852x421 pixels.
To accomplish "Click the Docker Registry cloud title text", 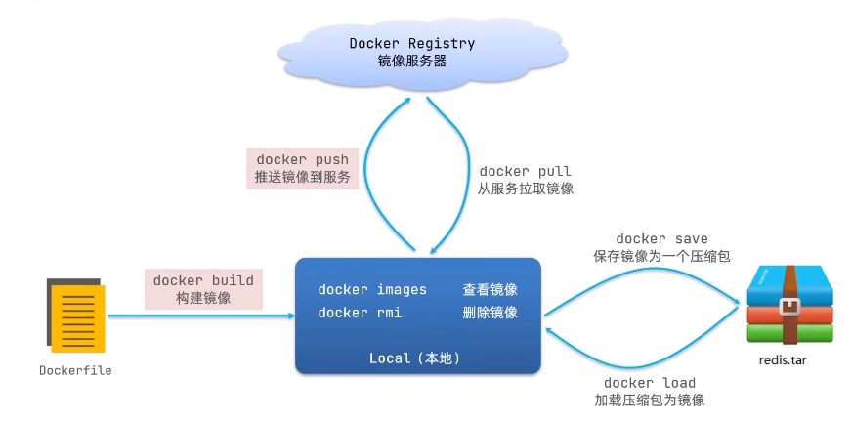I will click(412, 43).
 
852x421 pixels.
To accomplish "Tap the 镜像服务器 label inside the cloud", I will click(412, 61).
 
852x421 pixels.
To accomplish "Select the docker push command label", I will click(302, 160).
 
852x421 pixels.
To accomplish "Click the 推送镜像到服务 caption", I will click(302, 179).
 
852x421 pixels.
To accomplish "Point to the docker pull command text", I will click(525, 171).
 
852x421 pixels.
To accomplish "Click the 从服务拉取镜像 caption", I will click(525, 189).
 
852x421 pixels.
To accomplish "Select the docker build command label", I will click(203, 280).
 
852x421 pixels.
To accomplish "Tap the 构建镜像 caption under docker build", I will click(203, 298).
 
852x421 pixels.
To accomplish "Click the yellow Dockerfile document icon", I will click(76, 315).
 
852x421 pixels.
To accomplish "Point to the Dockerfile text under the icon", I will click(75, 370).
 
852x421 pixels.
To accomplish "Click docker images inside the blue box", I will click(372, 290).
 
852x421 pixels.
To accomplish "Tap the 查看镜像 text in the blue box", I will click(490, 290).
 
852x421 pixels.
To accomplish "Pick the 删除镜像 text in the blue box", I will click(490, 313).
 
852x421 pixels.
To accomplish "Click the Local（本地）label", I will click(414, 358).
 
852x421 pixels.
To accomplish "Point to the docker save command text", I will click(661, 238).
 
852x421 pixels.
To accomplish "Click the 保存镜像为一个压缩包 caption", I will click(661, 256).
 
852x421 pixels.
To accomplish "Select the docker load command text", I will click(650, 382).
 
